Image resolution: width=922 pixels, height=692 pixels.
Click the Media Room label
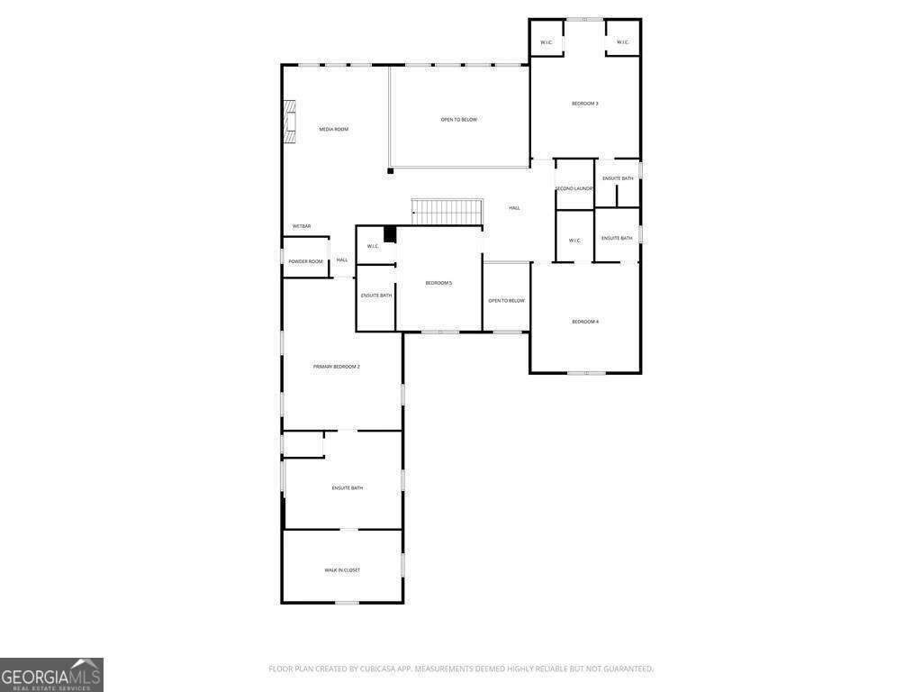coord(333,130)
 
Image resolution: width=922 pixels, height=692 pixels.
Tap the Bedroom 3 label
coord(584,104)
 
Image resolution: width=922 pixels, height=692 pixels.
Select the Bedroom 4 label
coord(585,322)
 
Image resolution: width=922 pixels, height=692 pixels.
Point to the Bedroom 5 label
coord(438,284)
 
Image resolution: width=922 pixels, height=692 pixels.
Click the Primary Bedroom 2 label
coord(336,367)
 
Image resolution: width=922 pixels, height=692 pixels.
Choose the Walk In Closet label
coord(342,570)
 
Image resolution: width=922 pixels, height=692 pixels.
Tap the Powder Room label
coord(305,262)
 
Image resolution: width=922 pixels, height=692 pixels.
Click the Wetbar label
coord(302,226)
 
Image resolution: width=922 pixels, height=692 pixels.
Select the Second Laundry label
coord(574,188)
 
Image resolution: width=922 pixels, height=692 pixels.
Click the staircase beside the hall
coord(447,213)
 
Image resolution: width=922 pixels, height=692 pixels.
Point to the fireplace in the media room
coord(289,121)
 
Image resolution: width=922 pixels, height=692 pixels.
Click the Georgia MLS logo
coord(51,675)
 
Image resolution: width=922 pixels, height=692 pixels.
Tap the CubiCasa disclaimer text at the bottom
coord(461,669)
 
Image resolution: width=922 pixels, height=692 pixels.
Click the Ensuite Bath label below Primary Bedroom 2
coord(347,488)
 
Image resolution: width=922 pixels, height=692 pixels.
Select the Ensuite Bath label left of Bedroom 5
coord(376,296)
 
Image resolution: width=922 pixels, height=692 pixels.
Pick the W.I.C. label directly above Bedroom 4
coord(574,241)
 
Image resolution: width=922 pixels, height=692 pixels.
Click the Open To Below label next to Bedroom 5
coord(506,301)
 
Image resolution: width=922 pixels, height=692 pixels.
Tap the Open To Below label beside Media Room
coord(458,120)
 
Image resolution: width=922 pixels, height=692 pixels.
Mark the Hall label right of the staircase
coord(514,208)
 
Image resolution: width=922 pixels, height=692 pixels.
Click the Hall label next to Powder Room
coord(342,260)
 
